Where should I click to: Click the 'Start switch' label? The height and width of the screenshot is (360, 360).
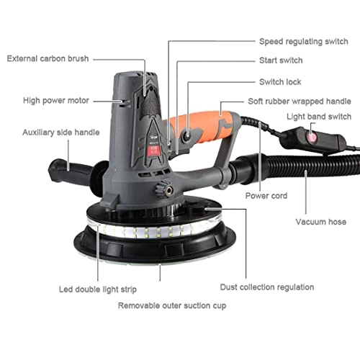coord(281,60)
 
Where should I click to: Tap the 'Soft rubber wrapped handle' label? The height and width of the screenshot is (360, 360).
coord(299,102)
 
